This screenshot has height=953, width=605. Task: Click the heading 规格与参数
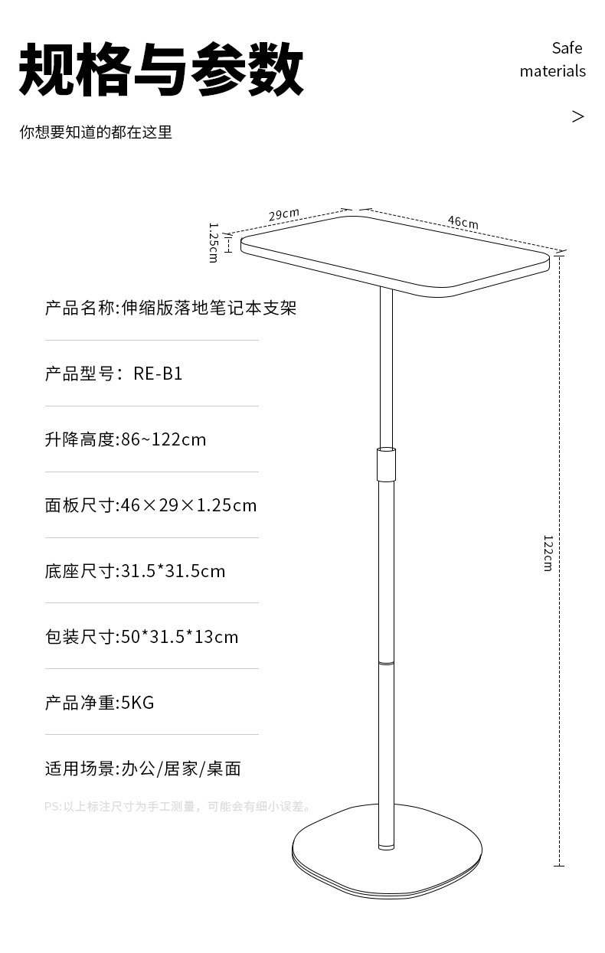pos(161,70)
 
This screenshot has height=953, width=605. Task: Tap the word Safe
pos(567,48)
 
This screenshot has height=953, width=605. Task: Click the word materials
pos(552,71)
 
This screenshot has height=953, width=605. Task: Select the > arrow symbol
pos(577,116)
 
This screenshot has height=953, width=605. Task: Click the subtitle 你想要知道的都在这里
pos(96,132)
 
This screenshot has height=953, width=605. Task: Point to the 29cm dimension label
pos(283,214)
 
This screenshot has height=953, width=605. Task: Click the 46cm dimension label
pos(463,222)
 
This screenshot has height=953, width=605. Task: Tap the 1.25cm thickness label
pos(214,242)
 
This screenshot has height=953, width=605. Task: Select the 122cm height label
pos(548,553)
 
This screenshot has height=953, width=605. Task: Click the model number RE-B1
pos(158,374)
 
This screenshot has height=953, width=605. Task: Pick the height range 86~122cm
pos(164,439)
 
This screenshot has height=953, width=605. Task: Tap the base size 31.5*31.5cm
pos(173,571)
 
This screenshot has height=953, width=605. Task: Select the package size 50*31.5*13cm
pos(179,637)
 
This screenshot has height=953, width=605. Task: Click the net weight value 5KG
pos(138,703)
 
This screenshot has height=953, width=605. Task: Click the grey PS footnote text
pos(178,806)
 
